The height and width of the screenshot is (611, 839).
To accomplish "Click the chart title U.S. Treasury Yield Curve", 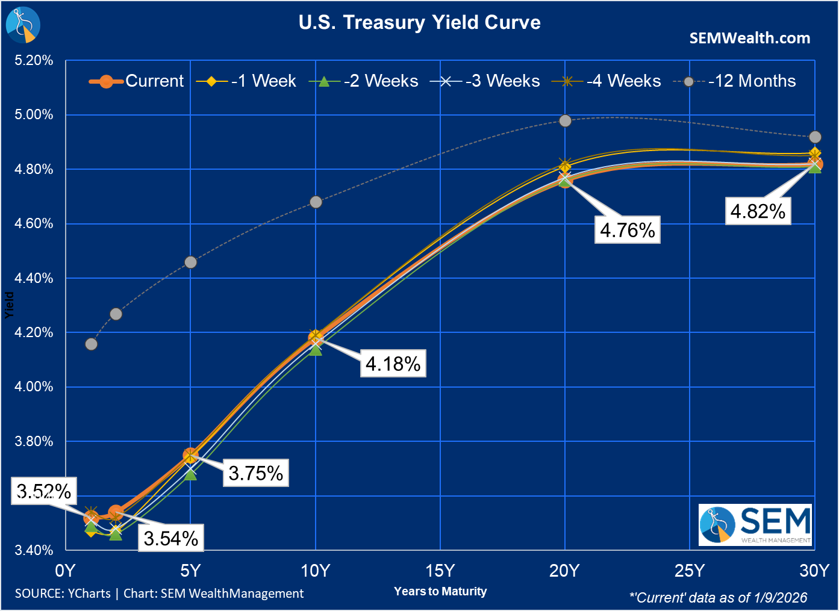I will (x=419, y=23).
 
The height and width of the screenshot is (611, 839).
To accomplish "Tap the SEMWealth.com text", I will (x=749, y=38).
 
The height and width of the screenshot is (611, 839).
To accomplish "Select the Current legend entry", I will (x=137, y=81).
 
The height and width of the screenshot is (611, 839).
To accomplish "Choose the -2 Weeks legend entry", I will (x=364, y=81).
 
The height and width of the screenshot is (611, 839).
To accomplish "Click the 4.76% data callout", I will (x=627, y=230).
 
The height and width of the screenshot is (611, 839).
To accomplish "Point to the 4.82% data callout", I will (x=758, y=211).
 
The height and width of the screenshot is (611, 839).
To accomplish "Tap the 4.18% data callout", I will (x=393, y=364).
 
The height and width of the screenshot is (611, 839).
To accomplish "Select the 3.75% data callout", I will (x=255, y=473).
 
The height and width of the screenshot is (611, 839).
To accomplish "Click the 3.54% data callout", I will (x=171, y=538).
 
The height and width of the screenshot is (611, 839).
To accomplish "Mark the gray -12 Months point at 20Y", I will (x=565, y=120).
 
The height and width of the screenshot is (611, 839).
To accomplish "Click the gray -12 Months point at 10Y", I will (x=316, y=202).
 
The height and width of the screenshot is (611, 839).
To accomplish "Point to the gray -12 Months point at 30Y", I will (x=815, y=137).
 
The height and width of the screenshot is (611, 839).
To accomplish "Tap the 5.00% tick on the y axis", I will (x=34, y=114).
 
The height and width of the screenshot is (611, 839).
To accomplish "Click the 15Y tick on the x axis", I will (x=440, y=571).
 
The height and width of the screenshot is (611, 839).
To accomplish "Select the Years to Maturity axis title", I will (x=440, y=591).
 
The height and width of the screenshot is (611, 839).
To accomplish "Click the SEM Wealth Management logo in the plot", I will (x=755, y=525).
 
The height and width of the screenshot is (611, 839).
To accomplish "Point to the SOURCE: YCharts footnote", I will (x=159, y=594).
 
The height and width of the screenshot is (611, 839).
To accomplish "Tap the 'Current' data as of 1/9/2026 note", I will (x=718, y=597).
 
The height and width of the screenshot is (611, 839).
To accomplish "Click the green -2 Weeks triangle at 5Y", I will (x=190, y=474).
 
